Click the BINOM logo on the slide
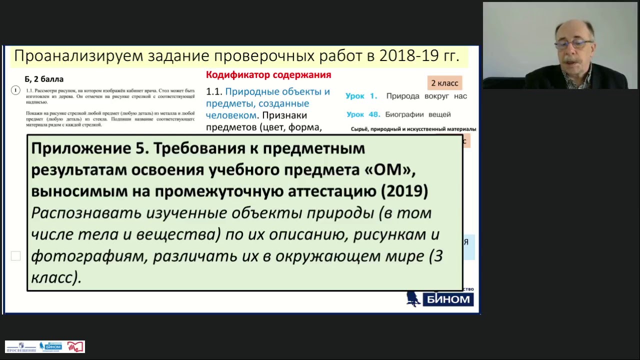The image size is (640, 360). click(440, 299)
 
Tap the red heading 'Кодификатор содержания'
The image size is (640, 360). click(268, 75)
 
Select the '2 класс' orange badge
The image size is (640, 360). click(444, 83)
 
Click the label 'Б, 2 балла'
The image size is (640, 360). click(44, 79)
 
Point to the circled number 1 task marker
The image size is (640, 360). click(15, 90)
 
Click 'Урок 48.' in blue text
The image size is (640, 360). click(363, 114)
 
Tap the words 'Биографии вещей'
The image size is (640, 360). click(418, 114)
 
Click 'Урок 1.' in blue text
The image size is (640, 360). click(361, 96)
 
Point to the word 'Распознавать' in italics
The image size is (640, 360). click(85, 213)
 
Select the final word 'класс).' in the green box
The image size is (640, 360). click(56, 277)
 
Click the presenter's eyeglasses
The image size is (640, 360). click(573, 44)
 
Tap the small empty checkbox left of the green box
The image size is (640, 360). click(16, 256)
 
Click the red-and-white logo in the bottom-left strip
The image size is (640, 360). click(75, 346)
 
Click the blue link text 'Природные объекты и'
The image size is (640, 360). click(277, 92)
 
